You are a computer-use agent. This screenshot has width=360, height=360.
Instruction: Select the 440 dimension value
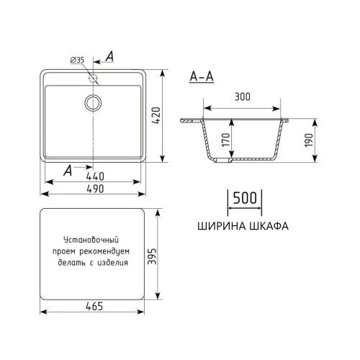click(x=95, y=176)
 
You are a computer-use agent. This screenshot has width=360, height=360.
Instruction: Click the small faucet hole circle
click(x=94, y=76)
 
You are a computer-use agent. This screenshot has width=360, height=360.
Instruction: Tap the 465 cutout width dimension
click(x=94, y=306)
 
